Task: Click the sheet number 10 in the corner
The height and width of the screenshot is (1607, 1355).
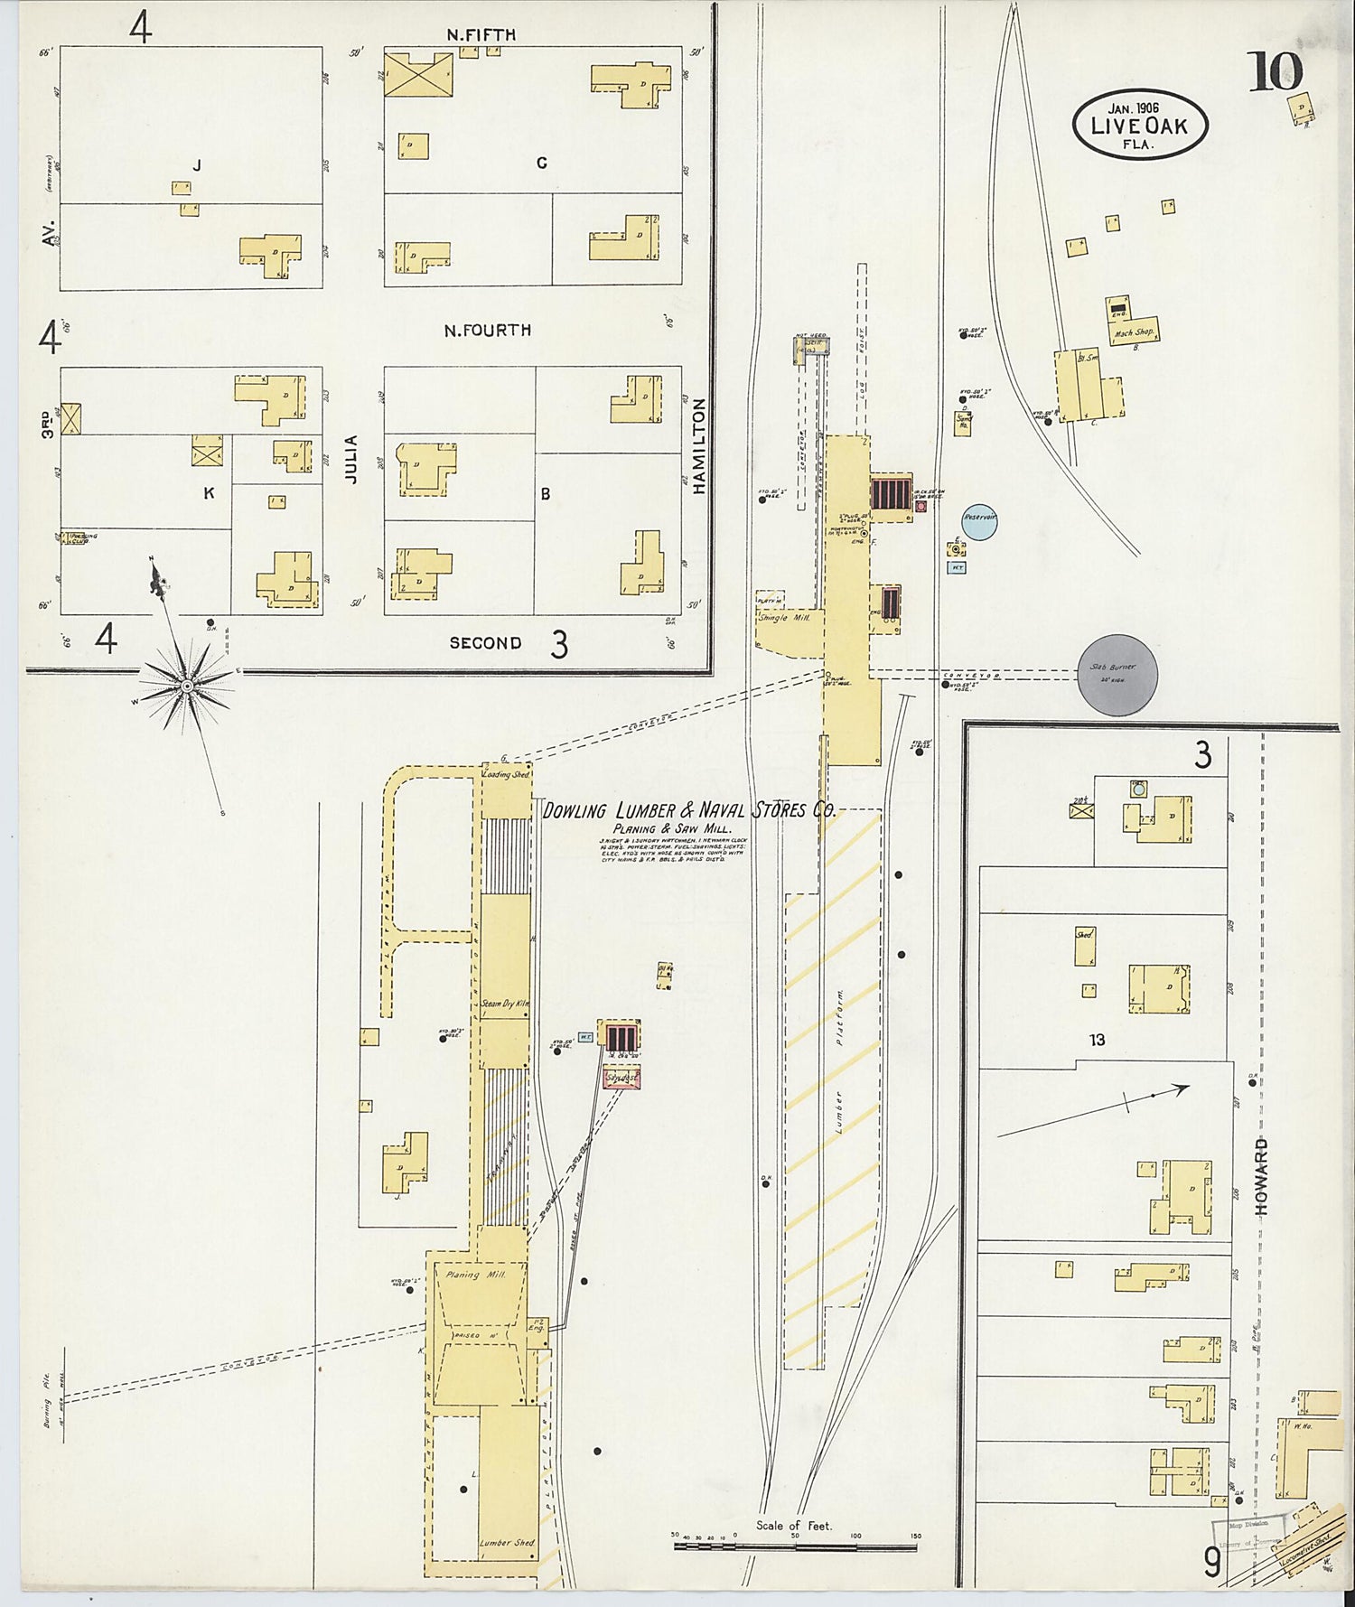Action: point(1275,72)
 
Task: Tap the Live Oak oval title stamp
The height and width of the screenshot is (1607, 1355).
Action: point(1139,125)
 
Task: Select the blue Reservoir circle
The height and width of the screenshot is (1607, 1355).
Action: point(979,520)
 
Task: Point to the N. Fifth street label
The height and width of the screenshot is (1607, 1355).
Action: point(481,34)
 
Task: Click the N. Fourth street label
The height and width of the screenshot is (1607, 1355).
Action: point(487,331)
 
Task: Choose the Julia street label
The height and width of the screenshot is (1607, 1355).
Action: point(352,459)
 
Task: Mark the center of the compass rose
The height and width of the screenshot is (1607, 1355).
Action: point(186,687)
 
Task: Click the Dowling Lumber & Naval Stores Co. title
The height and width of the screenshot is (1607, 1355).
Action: point(688,810)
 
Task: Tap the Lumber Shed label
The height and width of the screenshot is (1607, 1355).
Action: point(507,1543)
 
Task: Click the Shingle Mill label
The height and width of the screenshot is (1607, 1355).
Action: point(784,618)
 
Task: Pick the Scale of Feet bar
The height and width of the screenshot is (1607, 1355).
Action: point(795,1547)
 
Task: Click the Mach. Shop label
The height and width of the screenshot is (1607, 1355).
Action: point(1135,332)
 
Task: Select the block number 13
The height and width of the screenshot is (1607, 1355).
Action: point(1097,1040)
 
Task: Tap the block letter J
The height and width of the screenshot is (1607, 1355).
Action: point(195,164)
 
